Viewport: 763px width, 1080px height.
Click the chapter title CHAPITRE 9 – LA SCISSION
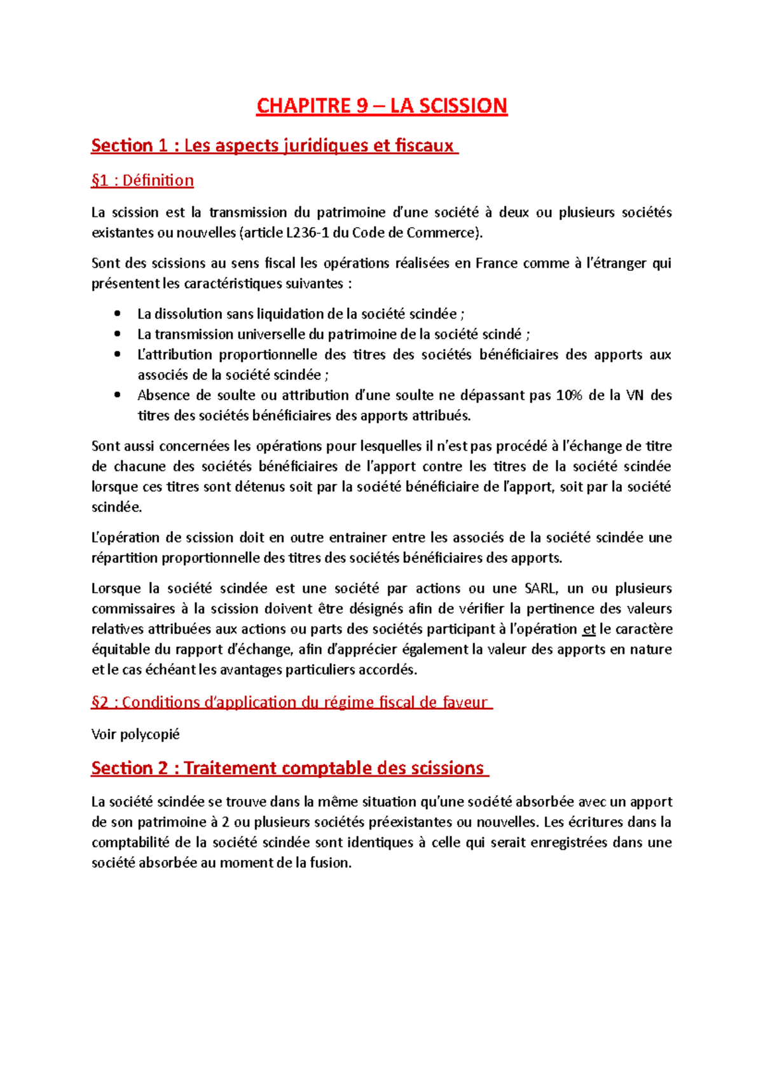point(381,106)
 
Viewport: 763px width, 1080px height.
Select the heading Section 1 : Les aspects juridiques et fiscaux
point(274,146)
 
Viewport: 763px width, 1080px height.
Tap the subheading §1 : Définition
point(142,181)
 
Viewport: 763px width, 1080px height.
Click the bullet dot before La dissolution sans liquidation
point(117,314)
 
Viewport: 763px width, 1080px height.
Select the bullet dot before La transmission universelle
point(117,334)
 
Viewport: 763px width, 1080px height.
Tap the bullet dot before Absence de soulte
point(117,395)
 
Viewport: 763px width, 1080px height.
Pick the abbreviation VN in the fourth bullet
point(635,396)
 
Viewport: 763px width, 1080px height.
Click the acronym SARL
point(539,589)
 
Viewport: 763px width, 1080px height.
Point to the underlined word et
point(589,630)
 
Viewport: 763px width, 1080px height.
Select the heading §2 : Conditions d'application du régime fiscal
point(291,703)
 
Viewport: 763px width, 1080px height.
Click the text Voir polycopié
point(135,735)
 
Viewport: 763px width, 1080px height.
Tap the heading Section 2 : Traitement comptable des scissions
point(289,768)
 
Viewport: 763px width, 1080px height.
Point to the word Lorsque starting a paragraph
point(115,589)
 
